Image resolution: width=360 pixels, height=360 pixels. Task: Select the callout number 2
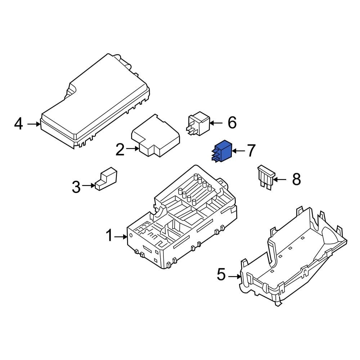pyautogui.click(x=120, y=149)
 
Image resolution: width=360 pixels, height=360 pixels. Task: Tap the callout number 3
pyautogui.click(x=76, y=186)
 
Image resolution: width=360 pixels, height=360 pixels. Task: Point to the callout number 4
pyautogui.click(x=19, y=124)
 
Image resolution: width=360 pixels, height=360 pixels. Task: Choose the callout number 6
pyautogui.click(x=232, y=123)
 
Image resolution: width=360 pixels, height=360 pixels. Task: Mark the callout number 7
pyautogui.click(x=251, y=150)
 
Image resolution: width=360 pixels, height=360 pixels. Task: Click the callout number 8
pyautogui.click(x=296, y=179)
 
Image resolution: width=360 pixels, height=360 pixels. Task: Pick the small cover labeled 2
pyautogui.click(x=156, y=136)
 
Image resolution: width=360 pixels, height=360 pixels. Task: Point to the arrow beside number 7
pyautogui.click(x=237, y=150)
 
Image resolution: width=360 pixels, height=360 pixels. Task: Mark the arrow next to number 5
pyautogui.click(x=235, y=276)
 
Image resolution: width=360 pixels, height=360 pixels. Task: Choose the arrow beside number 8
pyautogui.click(x=280, y=179)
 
